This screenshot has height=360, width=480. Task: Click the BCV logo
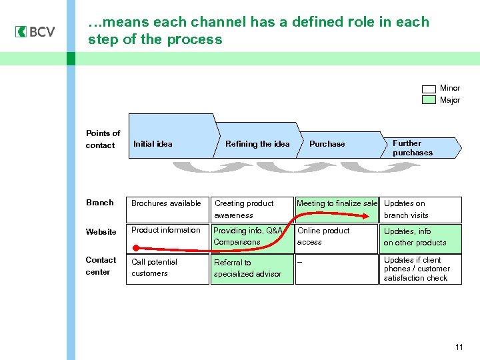coord(35,32)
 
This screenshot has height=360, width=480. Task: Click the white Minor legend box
coord(429,89)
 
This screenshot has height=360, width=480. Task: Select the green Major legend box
coord(429,100)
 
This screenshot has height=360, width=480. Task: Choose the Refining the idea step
coord(257,144)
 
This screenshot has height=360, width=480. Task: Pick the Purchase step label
coord(327,144)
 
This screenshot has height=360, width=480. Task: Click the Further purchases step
coord(420,147)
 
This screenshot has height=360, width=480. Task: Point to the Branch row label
coord(99,203)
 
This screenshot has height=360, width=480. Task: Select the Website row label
coord(101,232)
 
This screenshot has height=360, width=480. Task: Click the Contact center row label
coord(101,266)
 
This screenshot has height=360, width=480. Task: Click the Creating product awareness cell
coord(252,209)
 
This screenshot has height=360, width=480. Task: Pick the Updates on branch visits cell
coord(421,209)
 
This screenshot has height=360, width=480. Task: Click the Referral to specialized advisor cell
coord(252,269)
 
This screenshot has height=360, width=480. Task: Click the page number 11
coord(459,347)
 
